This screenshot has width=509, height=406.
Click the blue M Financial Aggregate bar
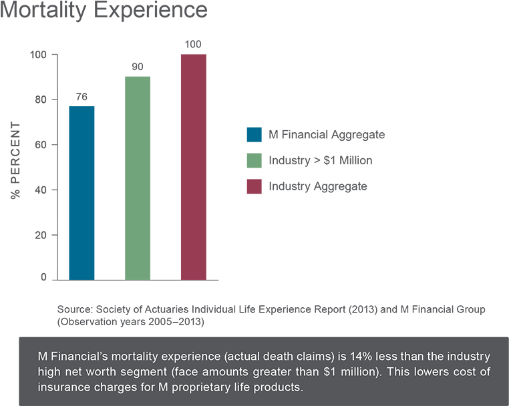point(81,192)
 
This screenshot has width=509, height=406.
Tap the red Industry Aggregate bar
point(193,167)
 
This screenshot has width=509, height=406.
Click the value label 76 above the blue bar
point(81,97)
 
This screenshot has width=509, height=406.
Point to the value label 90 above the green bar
point(138,67)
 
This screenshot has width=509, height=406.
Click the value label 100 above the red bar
point(193,44)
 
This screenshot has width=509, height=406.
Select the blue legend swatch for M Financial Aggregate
point(254,135)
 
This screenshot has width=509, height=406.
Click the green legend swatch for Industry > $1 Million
point(254,161)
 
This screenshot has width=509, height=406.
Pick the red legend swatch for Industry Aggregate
point(254,187)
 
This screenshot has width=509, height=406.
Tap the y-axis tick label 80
point(40,99)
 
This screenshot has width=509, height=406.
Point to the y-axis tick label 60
point(40,145)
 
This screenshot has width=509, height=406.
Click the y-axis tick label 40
point(40,190)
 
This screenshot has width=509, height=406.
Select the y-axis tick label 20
point(40,236)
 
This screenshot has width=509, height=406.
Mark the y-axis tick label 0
point(43,277)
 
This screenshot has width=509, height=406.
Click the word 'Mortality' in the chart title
point(41,11)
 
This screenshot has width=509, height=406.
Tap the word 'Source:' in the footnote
point(75,310)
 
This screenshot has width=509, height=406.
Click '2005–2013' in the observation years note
point(179,322)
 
